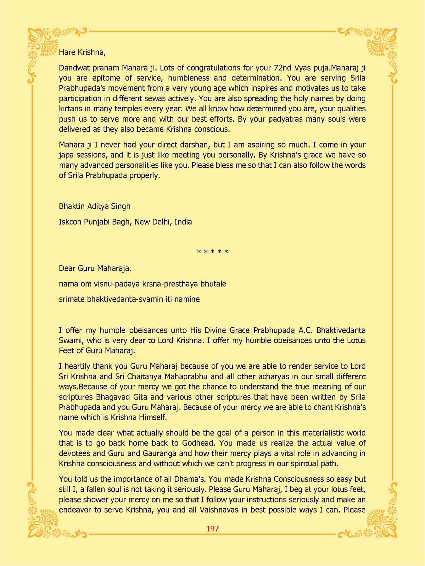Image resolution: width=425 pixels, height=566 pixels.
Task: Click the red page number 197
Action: (212, 529)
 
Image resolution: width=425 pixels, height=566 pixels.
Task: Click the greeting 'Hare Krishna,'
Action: (82, 52)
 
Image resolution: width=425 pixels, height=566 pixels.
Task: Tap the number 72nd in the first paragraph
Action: (282, 68)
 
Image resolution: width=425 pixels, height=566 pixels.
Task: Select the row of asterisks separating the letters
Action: (212, 252)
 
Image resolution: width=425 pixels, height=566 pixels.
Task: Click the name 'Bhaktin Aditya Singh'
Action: (94, 206)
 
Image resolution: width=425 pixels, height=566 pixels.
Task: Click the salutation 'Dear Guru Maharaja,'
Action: (95, 268)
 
